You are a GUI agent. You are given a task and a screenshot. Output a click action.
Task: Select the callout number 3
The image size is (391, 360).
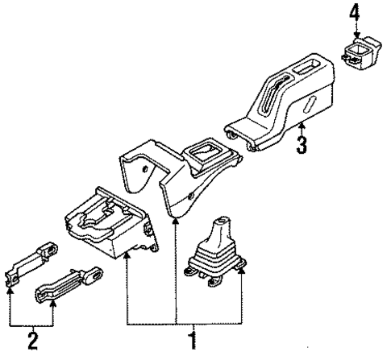click(302, 147)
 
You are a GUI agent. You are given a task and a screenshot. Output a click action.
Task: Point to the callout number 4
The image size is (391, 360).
click(353, 14)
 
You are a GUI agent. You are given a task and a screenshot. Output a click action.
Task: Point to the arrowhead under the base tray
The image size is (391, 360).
click(126, 255)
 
